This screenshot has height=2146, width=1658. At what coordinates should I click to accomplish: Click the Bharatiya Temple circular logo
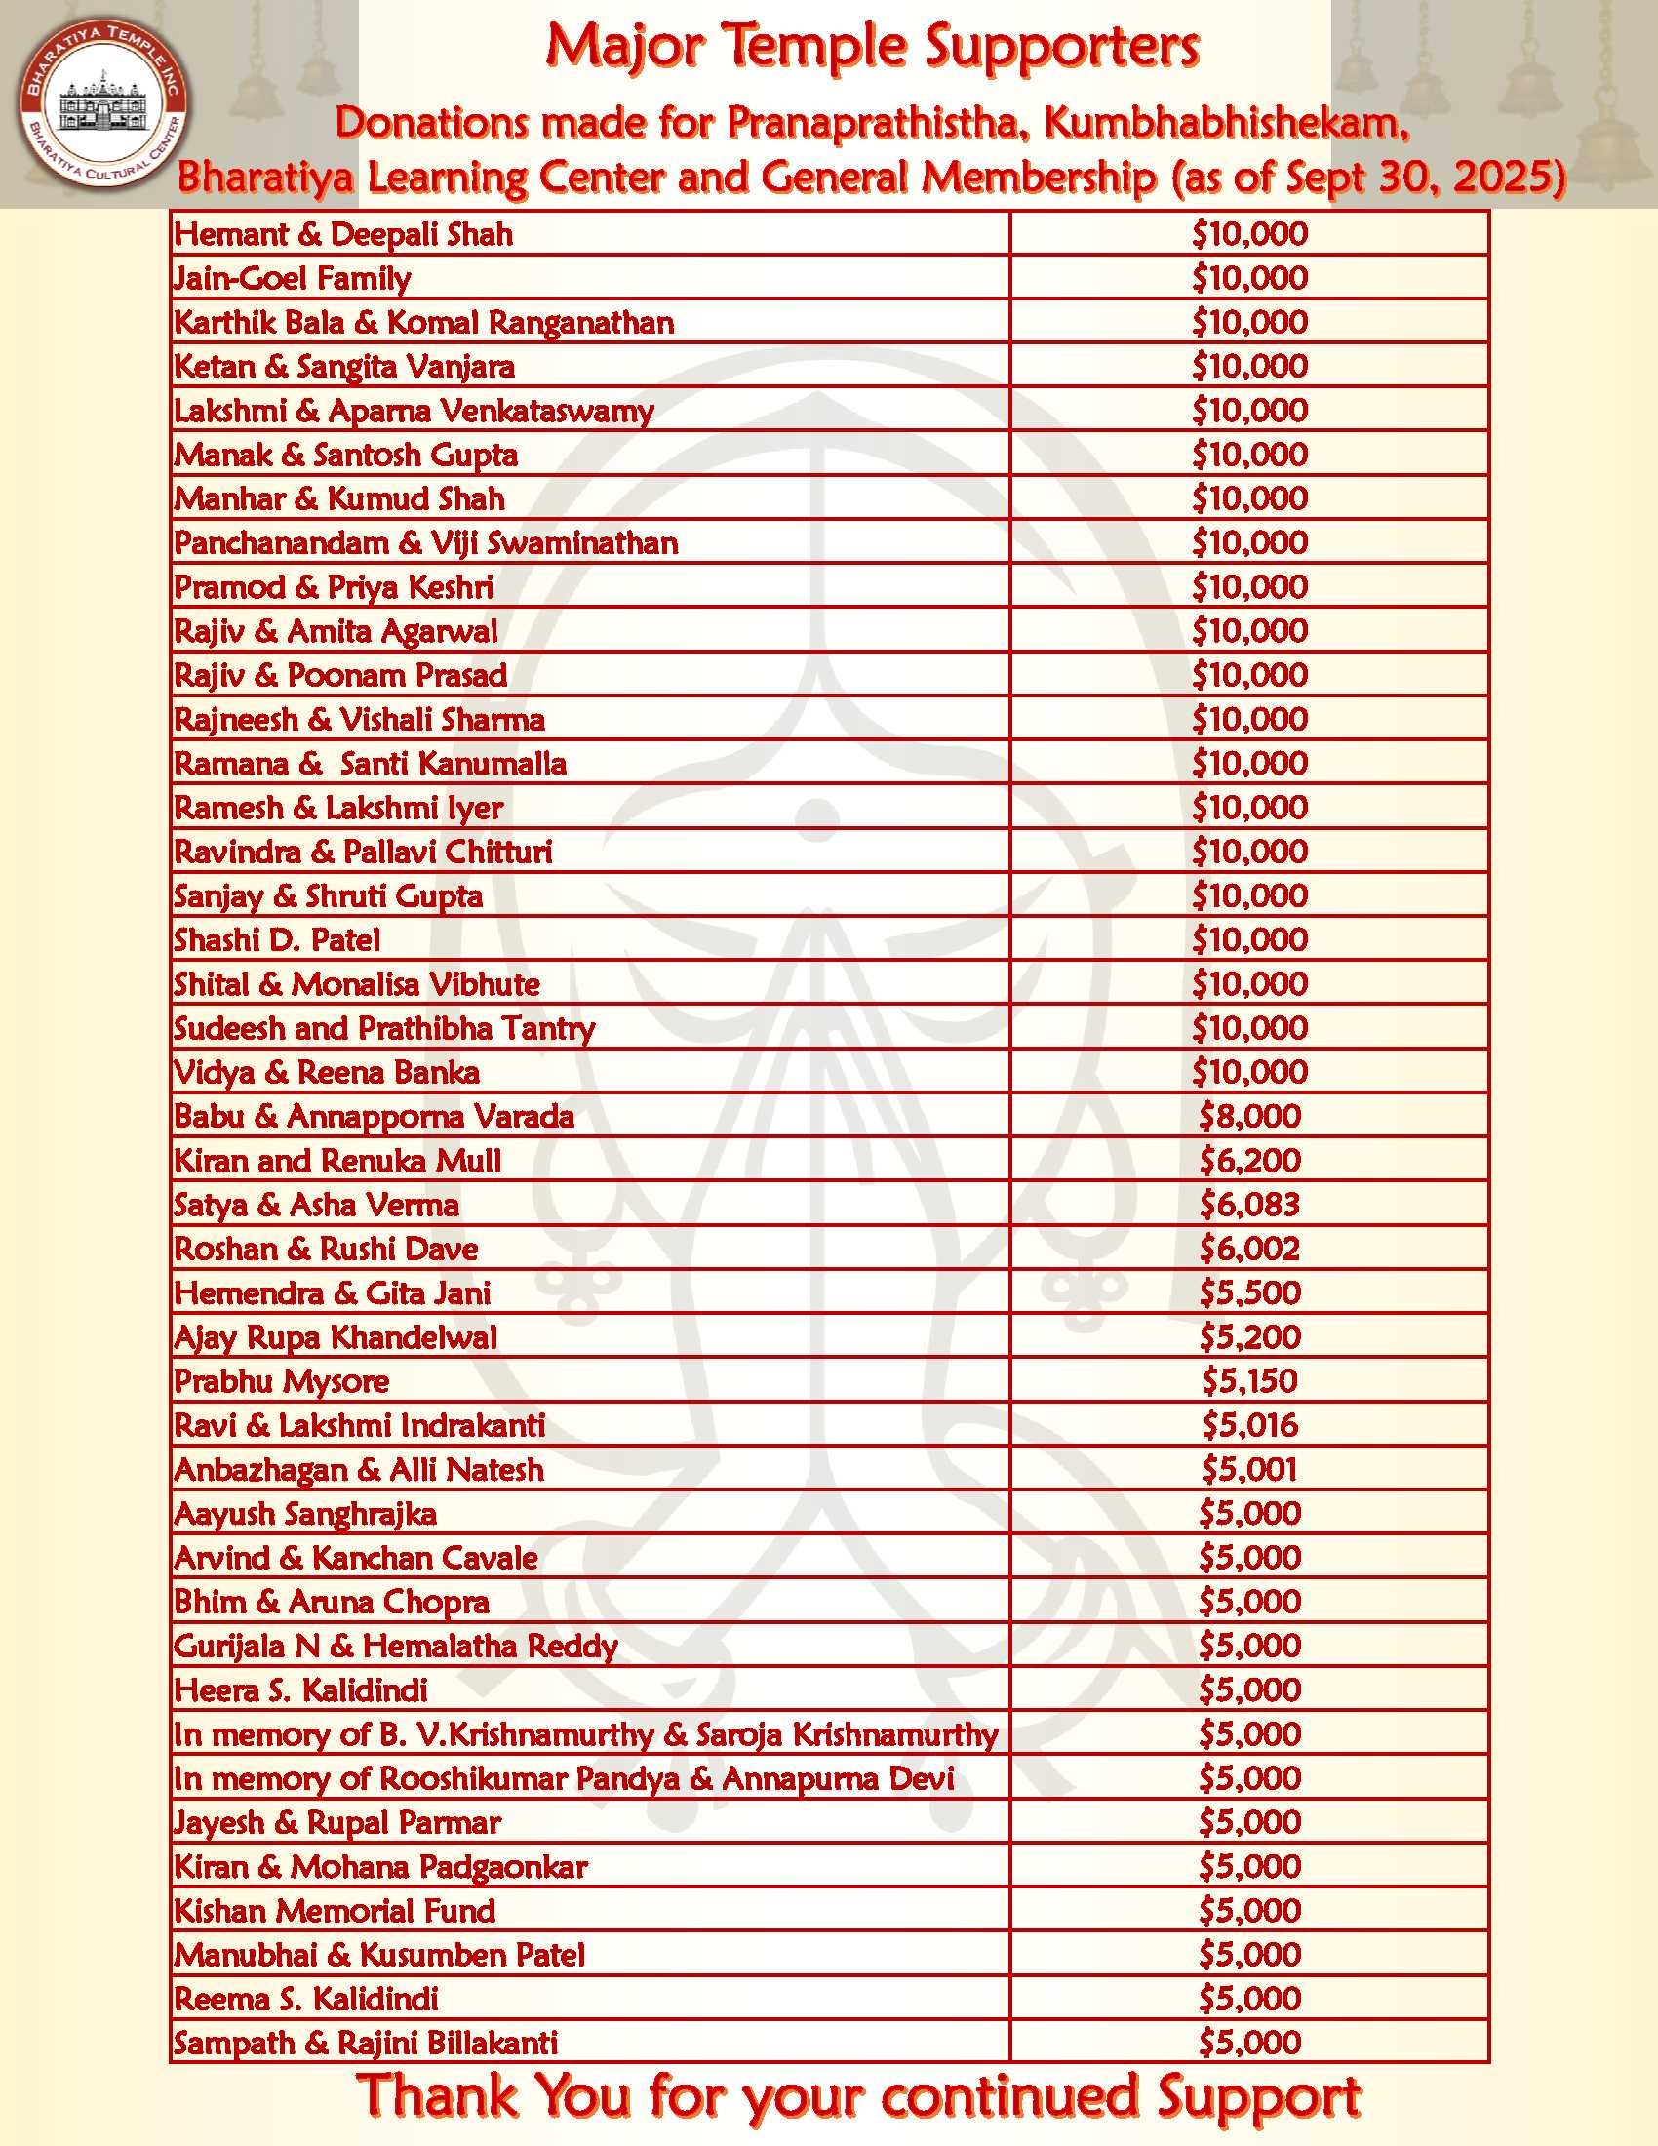103,103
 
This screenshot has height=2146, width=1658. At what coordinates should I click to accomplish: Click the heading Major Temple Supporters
872,46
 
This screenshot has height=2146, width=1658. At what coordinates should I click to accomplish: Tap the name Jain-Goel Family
292,278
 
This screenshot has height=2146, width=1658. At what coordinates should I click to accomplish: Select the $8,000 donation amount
1249,1116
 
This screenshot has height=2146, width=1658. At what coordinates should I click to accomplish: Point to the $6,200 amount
1249,1161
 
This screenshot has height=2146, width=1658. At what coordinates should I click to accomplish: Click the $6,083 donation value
1249,1205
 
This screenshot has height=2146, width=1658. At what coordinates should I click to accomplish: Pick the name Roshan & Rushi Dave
326,1249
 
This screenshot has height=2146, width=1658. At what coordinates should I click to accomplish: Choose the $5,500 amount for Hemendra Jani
1249,1293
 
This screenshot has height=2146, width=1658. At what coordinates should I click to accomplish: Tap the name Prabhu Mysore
282,1381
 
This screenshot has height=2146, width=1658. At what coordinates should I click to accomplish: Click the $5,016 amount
1249,1426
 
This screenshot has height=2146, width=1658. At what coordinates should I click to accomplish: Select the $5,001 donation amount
1249,1470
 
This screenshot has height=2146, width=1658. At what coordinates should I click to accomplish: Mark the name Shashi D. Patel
277,940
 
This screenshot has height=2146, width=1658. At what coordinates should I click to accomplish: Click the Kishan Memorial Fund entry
335,1911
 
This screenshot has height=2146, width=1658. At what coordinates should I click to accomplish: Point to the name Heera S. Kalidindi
300,1690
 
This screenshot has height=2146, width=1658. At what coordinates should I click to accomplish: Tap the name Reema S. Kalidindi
305,1999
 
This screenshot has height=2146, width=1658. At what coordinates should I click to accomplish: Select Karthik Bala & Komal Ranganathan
424,322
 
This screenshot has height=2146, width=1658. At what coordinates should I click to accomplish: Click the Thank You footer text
858,2096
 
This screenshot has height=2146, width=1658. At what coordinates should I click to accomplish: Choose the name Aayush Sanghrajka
305,1514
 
